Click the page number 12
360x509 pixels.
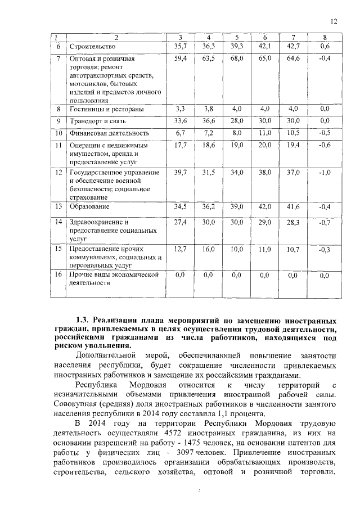point(334,21)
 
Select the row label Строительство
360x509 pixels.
point(92,46)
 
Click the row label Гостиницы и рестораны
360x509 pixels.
point(105,109)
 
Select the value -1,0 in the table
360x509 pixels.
point(324,173)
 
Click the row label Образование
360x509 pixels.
point(90,207)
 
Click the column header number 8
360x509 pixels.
point(325,38)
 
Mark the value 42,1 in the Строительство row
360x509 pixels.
point(265,46)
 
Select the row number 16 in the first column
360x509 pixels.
point(58,274)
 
